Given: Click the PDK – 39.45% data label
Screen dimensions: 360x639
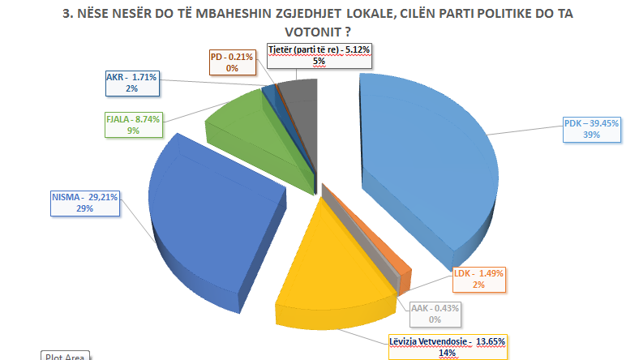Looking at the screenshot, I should coord(592,129).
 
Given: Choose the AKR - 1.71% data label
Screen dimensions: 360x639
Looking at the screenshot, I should coord(132,82).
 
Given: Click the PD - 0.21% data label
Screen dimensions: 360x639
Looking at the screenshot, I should coord(233,62).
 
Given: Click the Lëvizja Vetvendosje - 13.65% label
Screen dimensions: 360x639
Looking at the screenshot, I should coord(448,345).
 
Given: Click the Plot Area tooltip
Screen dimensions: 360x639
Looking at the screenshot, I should coord(62,356).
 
